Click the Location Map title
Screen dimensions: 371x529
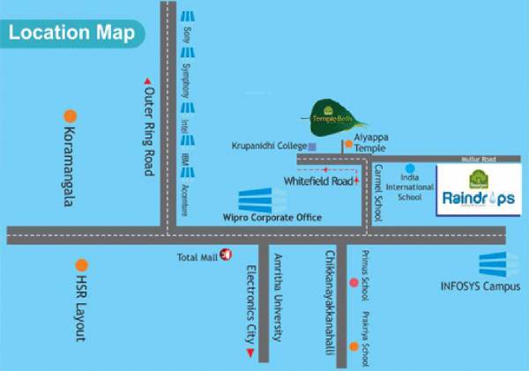tap(72, 34)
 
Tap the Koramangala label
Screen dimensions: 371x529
tap(67, 163)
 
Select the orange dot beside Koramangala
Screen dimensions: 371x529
tap(70, 115)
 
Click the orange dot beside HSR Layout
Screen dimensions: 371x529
tap(81, 264)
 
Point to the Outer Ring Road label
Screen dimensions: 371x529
tap(148, 132)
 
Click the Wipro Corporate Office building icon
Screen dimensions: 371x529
tap(262, 200)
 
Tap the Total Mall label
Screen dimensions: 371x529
tap(197, 256)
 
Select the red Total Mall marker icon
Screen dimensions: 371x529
tap(226, 256)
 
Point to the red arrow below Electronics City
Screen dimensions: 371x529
tap(250, 353)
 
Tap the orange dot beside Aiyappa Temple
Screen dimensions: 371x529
tap(348, 143)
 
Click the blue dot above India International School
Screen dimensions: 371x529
tap(410, 167)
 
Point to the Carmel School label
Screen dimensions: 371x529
tap(377, 192)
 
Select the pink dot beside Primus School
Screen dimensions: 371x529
tap(354, 283)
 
